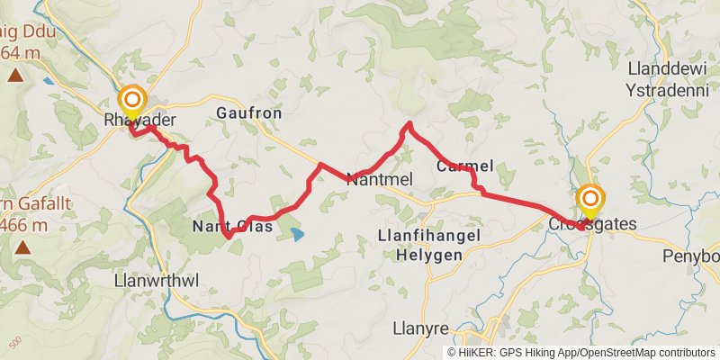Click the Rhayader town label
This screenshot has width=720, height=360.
click(x=139, y=121)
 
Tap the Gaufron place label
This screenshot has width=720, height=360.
click(x=249, y=113)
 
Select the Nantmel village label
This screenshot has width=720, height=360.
click(x=379, y=179)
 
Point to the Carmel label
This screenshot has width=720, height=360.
click(x=464, y=166)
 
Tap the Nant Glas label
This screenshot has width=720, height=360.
click(x=232, y=226)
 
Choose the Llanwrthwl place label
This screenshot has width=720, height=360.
click(x=156, y=281)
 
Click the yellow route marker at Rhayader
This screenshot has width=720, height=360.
click(x=132, y=100)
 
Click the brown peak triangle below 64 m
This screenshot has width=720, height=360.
click(x=15, y=75)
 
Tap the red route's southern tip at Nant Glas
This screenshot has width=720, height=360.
click(x=229, y=237)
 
